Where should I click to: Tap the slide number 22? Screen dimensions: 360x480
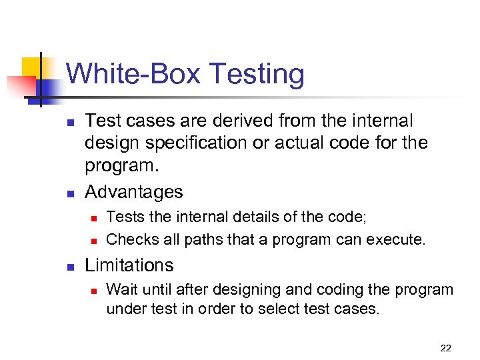[x=446, y=347]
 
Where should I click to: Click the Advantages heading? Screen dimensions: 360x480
[x=133, y=192]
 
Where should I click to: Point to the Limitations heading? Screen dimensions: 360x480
[x=129, y=265]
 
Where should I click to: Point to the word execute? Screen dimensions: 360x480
[x=399, y=239]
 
